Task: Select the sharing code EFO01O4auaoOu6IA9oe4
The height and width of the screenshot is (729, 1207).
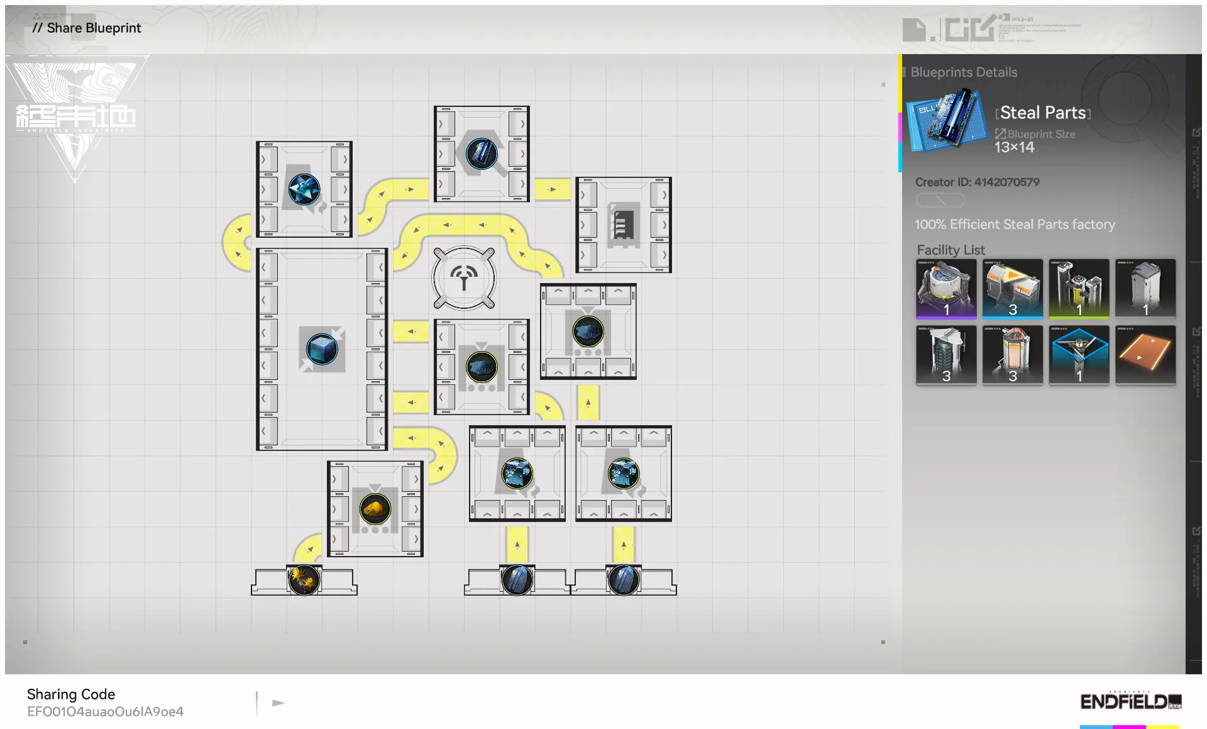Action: click(105, 711)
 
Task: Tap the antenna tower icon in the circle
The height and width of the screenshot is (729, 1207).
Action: click(464, 277)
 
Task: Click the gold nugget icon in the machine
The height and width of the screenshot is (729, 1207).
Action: click(375, 508)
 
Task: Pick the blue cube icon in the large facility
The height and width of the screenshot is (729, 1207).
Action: click(321, 348)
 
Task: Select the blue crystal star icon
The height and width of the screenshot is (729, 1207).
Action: click(304, 189)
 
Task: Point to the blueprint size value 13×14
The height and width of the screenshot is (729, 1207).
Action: click(1014, 147)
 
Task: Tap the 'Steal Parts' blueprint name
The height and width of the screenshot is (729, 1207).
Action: click(1043, 113)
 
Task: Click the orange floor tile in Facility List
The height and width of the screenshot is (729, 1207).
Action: click(1145, 353)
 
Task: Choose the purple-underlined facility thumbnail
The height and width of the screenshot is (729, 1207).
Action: click(946, 288)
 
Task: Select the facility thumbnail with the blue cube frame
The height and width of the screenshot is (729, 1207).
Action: click(1079, 353)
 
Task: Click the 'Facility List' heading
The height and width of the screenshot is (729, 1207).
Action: click(951, 250)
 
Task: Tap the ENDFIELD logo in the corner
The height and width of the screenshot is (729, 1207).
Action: click(1130, 701)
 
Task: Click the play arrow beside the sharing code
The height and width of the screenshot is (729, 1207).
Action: click(278, 703)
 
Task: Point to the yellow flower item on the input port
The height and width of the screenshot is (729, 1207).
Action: click(304, 579)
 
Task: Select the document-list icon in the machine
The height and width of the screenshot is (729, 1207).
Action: click(623, 225)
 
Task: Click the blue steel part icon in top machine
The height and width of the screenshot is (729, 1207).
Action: click(482, 153)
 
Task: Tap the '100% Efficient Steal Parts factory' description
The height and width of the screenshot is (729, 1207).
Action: click(1015, 225)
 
